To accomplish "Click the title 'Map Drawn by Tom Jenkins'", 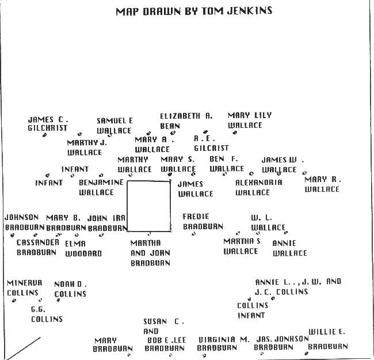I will coord(193,11).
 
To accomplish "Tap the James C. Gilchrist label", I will coord(48,124).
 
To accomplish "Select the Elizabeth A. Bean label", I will coord(186,120).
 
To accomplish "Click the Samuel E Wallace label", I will coord(114,126).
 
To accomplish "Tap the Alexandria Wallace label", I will coord(258,187).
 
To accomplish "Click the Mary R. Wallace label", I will coord(322,184).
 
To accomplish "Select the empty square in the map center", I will coord(148,206).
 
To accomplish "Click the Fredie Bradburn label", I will coord(203,221).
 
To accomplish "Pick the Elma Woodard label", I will coord(83,248).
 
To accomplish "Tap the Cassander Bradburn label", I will coord(37,247).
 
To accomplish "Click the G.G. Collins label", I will coord(47,314).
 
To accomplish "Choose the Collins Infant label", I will coord(253,310).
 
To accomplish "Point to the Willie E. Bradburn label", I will coord(328,339).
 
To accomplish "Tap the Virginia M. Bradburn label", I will coord(223,343).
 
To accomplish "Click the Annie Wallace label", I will coord(289,248).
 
